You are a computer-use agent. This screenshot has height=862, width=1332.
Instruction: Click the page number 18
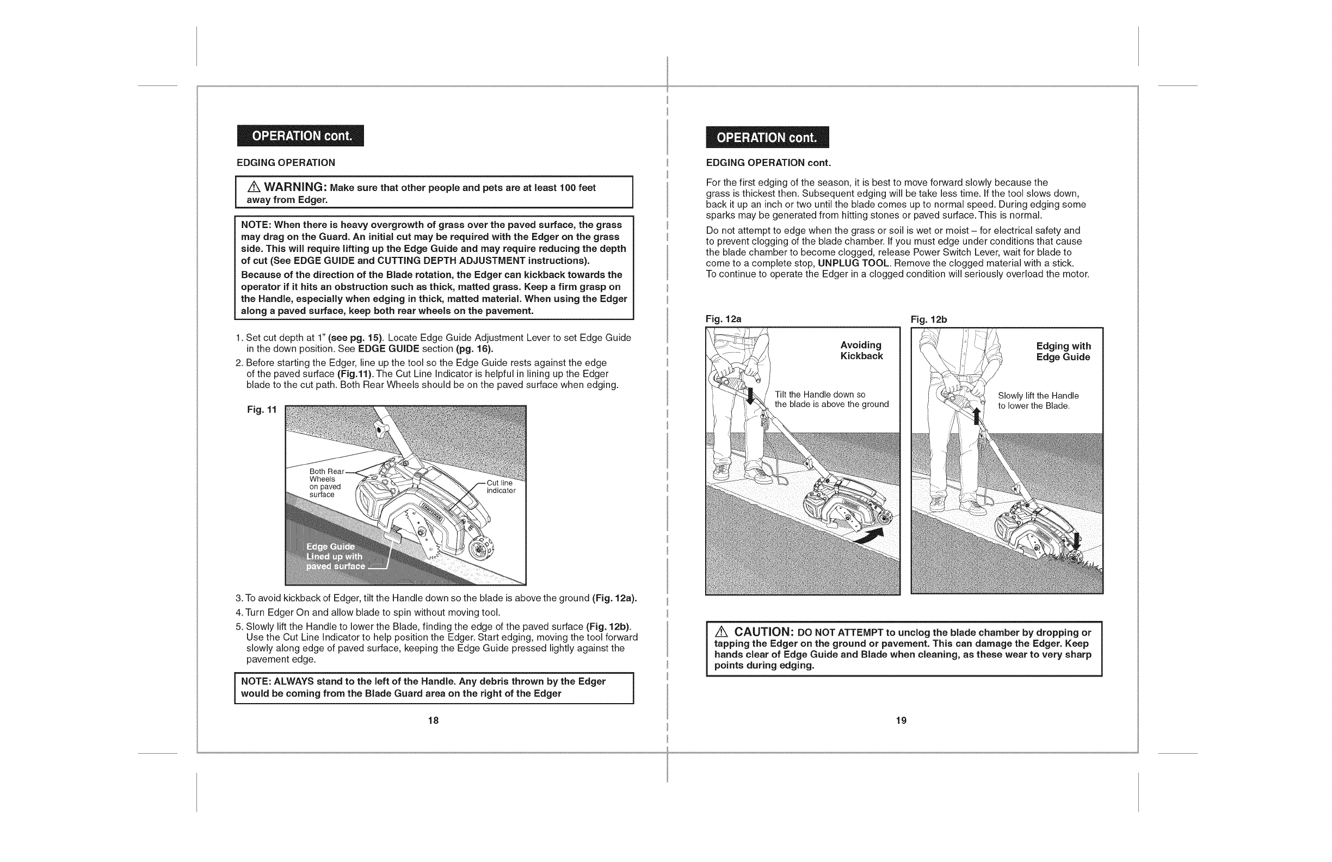(x=433, y=721)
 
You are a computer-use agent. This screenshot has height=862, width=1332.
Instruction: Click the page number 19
(x=901, y=721)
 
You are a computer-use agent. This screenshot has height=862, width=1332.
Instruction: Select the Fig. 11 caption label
(x=262, y=410)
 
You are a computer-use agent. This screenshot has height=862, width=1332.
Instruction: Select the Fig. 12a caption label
(x=723, y=319)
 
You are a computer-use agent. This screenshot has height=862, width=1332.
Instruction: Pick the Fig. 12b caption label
(x=928, y=319)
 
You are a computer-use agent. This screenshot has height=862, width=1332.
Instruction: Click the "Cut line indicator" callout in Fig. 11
(x=501, y=487)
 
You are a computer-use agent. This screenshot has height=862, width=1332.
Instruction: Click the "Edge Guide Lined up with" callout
(x=334, y=556)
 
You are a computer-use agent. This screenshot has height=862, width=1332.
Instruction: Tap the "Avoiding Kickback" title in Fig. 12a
(x=861, y=350)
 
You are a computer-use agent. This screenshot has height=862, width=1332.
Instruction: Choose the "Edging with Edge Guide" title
(x=1063, y=352)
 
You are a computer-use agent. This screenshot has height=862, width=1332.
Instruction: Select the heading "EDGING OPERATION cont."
(x=768, y=163)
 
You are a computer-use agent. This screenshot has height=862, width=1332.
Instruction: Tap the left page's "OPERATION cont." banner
(x=300, y=136)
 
